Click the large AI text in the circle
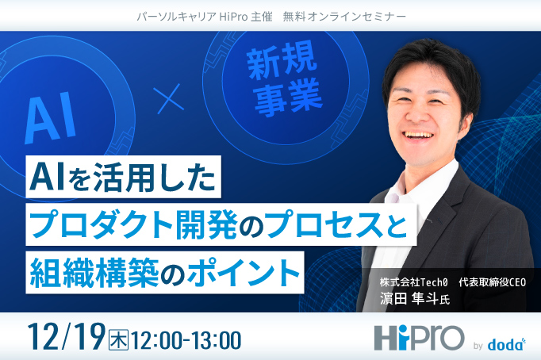[x=51, y=116]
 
